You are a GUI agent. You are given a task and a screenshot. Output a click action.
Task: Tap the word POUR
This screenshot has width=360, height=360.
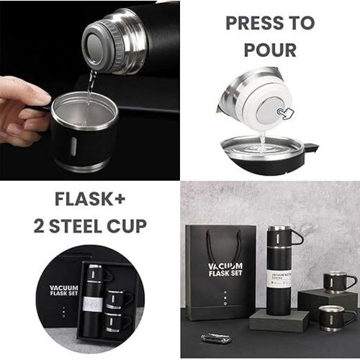270,51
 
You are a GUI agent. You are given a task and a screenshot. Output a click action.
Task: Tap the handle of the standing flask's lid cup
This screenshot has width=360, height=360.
298,237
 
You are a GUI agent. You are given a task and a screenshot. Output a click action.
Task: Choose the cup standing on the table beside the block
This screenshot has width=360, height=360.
336,316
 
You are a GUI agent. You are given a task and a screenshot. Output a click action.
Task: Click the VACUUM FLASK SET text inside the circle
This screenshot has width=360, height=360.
63,292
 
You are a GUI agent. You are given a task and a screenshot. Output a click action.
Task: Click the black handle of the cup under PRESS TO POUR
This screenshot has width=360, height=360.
312,149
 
